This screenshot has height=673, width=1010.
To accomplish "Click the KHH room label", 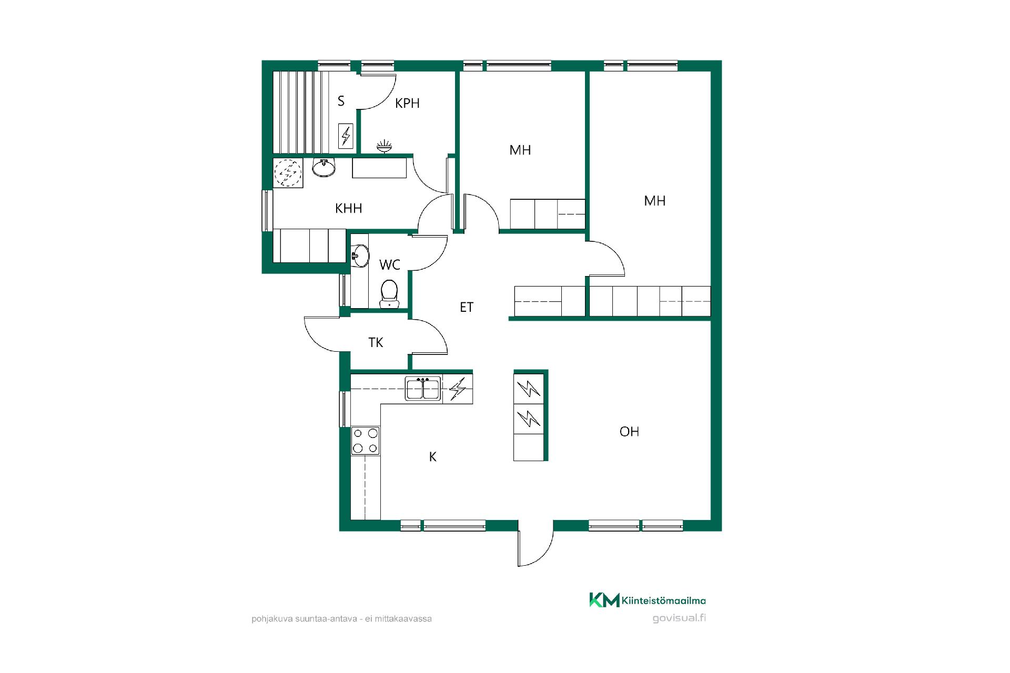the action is [348, 208].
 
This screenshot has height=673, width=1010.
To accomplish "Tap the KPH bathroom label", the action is [407, 103].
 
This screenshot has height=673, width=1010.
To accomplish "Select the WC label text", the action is [390, 265].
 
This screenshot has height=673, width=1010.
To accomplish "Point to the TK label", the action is [376, 343].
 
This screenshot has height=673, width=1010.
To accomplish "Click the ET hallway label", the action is [467, 307].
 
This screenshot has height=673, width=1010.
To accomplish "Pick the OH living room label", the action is [629, 432].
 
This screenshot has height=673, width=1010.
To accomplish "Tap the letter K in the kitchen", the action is [433, 457].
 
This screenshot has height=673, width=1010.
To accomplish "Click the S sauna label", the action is [341, 101].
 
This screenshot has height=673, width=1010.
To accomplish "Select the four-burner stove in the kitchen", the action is [365, 441].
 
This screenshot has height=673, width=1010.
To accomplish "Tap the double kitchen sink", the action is [423, 389].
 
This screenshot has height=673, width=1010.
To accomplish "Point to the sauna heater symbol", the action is [346, 136].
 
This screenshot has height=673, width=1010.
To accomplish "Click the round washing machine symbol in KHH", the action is [288, 173].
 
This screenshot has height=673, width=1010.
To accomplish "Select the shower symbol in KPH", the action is [385, 146].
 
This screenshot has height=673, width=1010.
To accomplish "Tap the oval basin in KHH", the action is [324, 167].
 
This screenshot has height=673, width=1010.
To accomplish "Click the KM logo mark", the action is [604, 600].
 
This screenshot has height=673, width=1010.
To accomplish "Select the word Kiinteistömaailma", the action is [664, 600].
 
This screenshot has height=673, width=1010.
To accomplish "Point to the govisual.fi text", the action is [679, 618].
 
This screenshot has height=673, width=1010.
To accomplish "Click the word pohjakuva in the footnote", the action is [269, 619].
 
